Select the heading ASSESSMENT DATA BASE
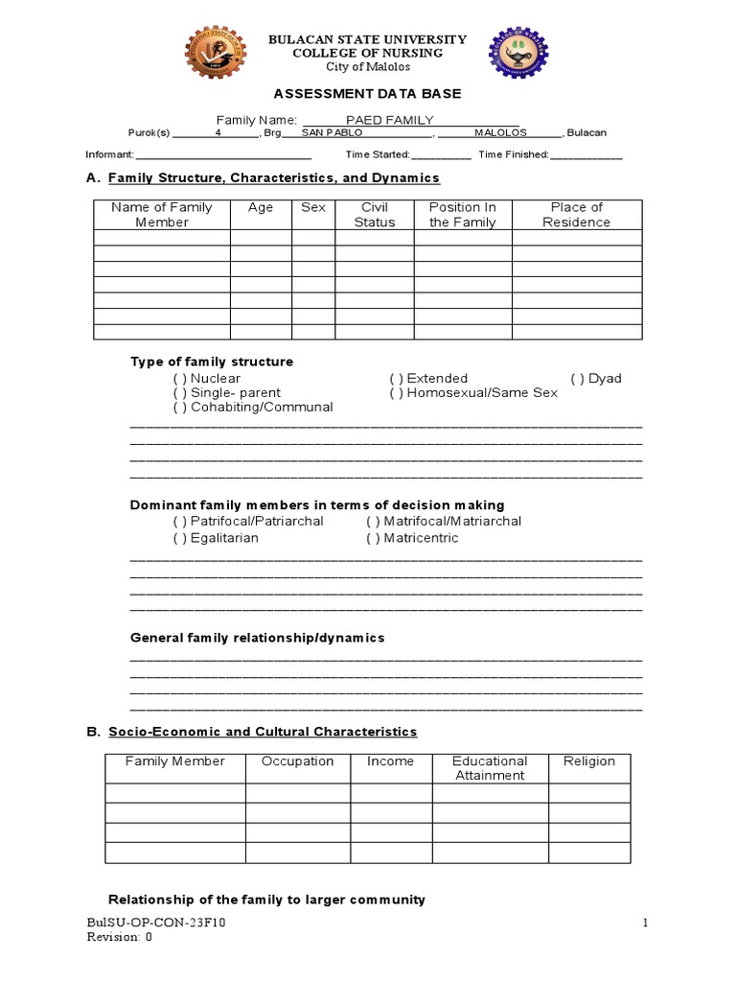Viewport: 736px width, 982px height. click(368, 94)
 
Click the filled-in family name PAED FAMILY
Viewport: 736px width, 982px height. click(389, 120)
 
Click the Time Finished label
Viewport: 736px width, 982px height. click(514, 154)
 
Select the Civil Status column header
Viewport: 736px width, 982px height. click(374, 215)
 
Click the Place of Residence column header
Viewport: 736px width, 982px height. click(576, 215)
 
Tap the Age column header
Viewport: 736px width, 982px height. click(261, 207)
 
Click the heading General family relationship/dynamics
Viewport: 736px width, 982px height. click(257, 638)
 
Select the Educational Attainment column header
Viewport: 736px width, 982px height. click(490, 768)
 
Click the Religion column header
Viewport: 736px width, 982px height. click(589, 761)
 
